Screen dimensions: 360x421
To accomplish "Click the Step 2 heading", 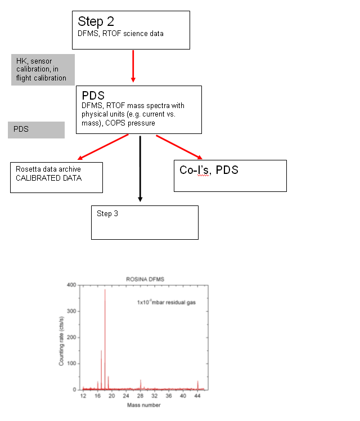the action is tap(96, 22).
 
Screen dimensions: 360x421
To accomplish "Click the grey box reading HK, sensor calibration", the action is tap(43, 70).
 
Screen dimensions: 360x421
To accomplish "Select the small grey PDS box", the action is tap(36, 130).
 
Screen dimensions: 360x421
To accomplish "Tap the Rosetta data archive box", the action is tap(56, 177).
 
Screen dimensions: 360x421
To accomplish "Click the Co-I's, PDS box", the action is tap(230, 176).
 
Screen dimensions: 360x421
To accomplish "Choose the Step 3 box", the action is tap(145, 222).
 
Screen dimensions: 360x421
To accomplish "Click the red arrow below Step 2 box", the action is tap(133, 66).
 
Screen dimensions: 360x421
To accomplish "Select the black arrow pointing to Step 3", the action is tap(140, 169).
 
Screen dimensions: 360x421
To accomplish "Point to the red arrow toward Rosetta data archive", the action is tap(103, 147).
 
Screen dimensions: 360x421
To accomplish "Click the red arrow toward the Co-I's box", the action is tap(179, 147).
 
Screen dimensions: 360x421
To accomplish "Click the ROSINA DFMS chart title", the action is tap(145, 279).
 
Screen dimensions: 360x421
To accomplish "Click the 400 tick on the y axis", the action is tap(71, 285).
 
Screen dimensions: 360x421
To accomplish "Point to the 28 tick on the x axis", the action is tap(140, 396).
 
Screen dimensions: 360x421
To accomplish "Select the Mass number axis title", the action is tap(144, 405).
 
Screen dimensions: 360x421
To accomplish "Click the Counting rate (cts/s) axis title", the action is tap(61, 341).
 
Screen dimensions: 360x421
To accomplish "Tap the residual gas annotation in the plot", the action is tap(166, 302).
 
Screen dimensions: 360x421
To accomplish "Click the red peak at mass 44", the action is tap(197, 385).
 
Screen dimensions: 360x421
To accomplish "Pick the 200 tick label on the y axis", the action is tap(71, 337).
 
